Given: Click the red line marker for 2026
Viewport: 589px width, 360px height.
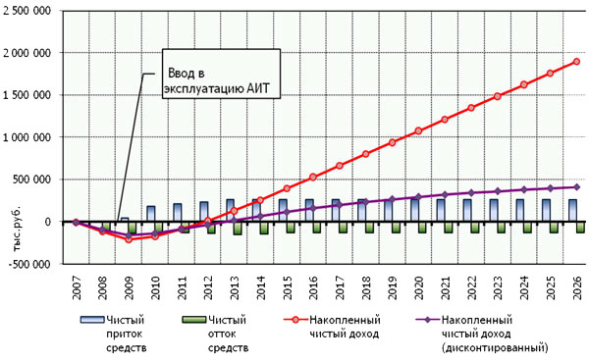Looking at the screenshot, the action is coord(576,62).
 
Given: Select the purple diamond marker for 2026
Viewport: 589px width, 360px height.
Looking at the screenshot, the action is coord(576,187).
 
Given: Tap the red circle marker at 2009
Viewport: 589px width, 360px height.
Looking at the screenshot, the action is coord(129,239).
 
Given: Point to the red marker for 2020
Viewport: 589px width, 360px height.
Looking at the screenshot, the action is coord(418,131).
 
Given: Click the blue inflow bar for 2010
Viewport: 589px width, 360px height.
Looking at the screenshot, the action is coord(151,214).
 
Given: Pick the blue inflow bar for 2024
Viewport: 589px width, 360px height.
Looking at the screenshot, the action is coord(520,210).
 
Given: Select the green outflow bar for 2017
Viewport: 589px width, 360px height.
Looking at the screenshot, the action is coord(343,228).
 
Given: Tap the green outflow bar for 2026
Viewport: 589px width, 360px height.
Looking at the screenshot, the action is coord(580,228).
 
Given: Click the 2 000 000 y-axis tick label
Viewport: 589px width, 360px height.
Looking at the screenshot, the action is coord(27,53).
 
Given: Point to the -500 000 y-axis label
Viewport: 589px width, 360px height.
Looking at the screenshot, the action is coord(29,264).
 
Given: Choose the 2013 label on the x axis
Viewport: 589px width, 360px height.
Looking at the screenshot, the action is coord(235,288).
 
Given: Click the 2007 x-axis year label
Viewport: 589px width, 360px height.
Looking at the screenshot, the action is coord(77,288).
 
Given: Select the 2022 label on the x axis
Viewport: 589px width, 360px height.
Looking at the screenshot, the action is coord(471,288).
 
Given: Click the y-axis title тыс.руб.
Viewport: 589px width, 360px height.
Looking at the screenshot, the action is coord(18,229).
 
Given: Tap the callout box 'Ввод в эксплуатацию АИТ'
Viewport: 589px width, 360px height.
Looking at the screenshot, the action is coord(221,74).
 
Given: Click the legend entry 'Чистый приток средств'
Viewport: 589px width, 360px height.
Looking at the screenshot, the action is coord(114,334).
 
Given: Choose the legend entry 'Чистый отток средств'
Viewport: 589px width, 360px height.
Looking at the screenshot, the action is coord(215,334).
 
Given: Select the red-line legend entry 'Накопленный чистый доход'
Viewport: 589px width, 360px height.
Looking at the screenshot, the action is coord(333,327).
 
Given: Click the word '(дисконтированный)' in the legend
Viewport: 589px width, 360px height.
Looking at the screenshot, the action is coord(495,347).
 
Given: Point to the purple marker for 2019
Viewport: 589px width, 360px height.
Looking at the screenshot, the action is coord(392,199).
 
